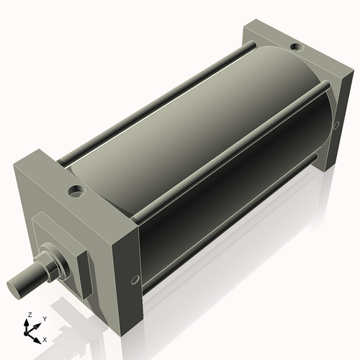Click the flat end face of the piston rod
[17, 287]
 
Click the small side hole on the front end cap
[134, 279]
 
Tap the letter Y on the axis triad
[44, 318]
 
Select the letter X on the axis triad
[45, 338]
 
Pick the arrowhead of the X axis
[40, 336]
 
